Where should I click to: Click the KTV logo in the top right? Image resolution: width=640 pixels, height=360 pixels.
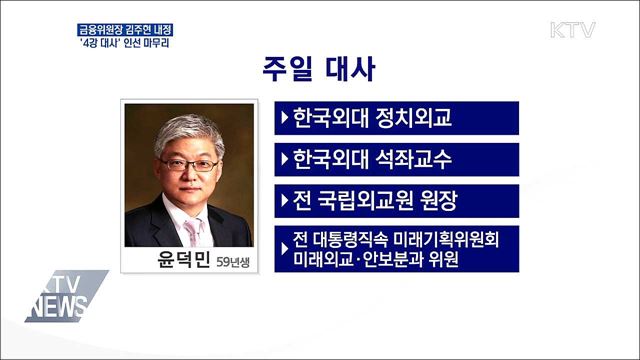pyautogui.click(x=572, y=29)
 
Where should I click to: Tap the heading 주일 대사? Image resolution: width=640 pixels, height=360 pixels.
pyautogui.click(x=319, y=73)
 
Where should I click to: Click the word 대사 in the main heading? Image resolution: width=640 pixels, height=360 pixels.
pyautogui.click(x=354, y=73)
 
